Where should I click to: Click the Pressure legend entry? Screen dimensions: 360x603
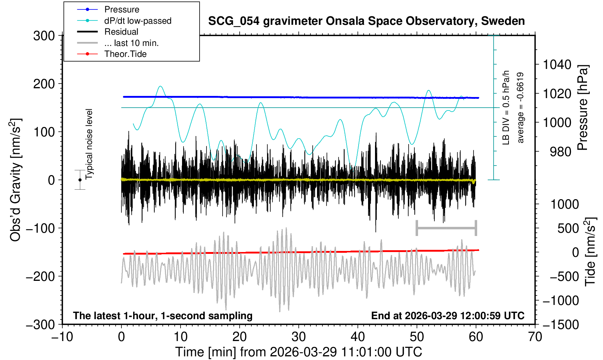[x=121, y=9]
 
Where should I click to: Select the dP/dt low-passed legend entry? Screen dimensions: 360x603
[x=138, y=21]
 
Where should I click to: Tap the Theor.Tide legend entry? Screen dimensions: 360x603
[x=125, y=54]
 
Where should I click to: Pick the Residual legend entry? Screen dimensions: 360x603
[x=121, y=32]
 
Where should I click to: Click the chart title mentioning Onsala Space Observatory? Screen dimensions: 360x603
[x=366, y=21]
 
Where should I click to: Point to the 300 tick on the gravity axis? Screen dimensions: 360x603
[x=44, y=36]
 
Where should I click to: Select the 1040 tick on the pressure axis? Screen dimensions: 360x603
[x=557, y=65]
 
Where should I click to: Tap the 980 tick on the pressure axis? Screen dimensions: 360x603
[x=560, y=152]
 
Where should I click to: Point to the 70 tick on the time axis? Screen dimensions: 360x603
[x=535, y=337]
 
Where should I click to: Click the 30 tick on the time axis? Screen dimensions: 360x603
[x=299, y=337]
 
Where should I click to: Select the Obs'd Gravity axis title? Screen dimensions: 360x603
[x=16, y=180]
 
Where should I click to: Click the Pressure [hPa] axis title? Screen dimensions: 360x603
[x=583, y=108]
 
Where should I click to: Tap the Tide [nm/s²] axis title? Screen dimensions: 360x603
[x=590, y=252]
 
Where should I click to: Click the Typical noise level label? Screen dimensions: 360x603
[x=89, y=144]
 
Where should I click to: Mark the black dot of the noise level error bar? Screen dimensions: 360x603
[x=80, y=180]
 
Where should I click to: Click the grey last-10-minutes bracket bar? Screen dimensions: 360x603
[x=446, y=228]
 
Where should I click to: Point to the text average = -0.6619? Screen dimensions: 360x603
[x=521, y=108]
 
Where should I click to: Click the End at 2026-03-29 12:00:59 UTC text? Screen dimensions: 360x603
[x=448, y=316]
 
